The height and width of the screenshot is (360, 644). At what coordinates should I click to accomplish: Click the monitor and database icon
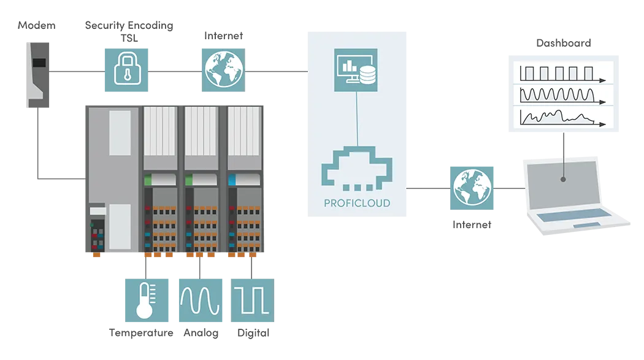point(356,70)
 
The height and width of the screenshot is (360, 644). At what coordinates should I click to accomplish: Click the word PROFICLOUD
point(356,203)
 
